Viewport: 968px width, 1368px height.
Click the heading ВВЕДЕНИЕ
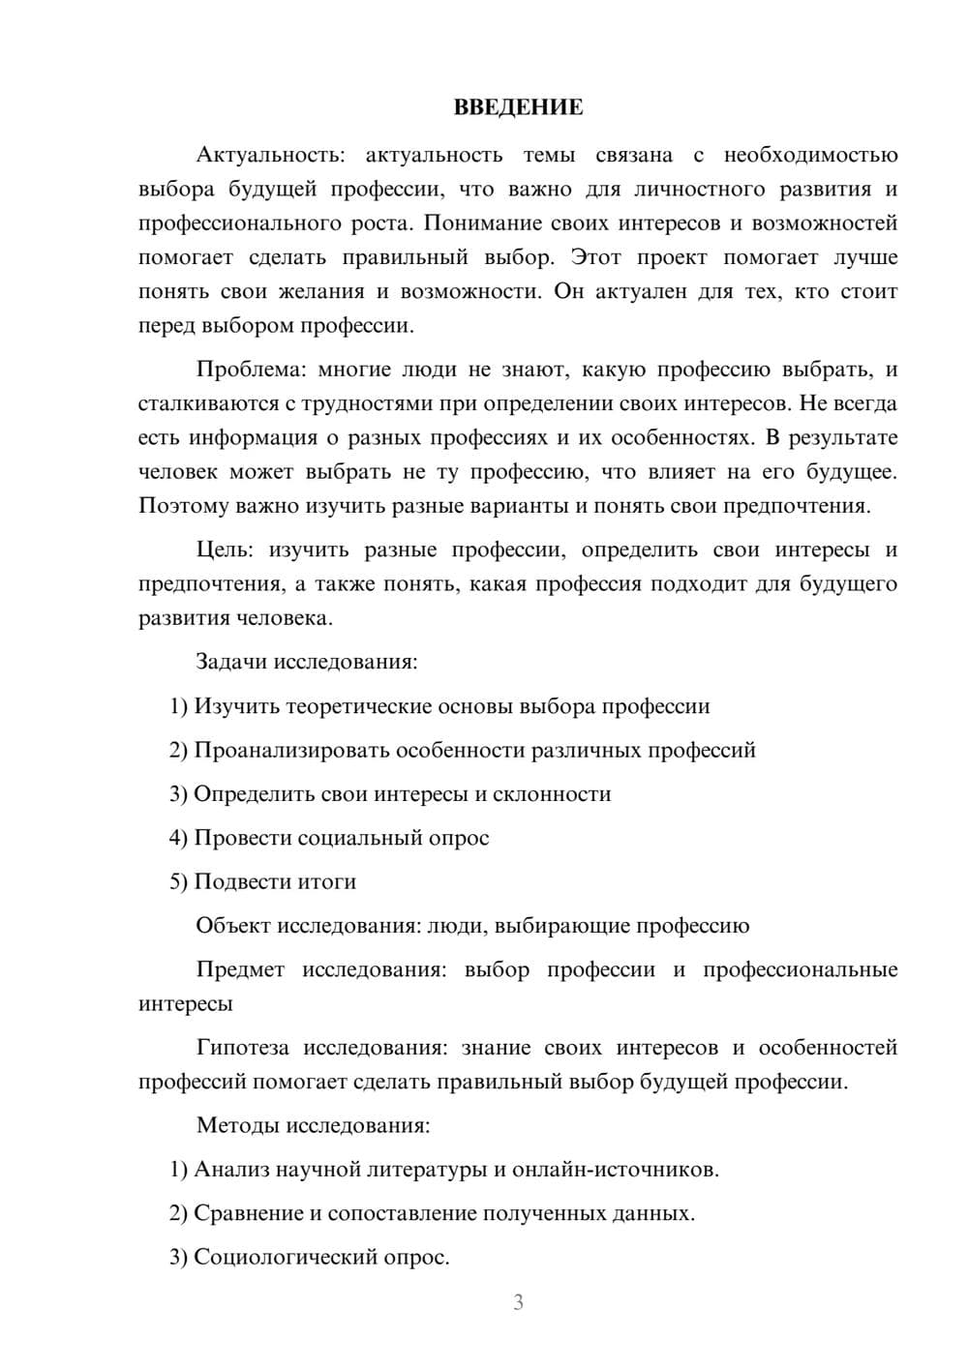point(518,107)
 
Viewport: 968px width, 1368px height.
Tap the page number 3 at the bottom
point(518,1302)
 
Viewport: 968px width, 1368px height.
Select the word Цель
point(224,550)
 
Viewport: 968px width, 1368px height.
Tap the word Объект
point(233,926)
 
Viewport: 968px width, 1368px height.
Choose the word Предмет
point(240,970)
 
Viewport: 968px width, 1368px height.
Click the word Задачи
point(232,663)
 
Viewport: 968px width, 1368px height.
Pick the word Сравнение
point(248,1213)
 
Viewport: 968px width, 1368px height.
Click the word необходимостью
point(811,155)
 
